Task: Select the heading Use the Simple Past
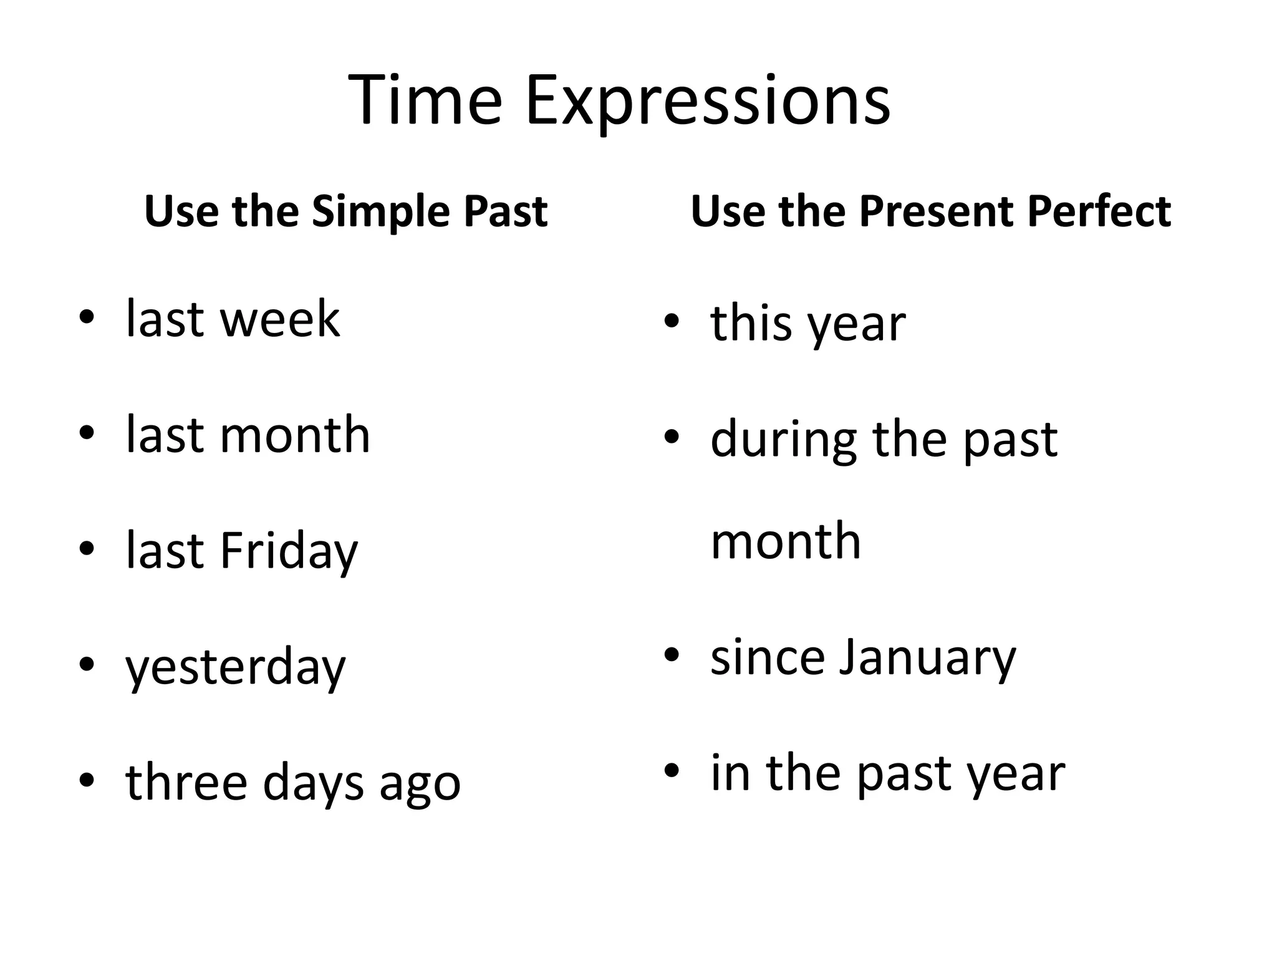pyautogui.click(x=345, y=211)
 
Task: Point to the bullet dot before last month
pyautogui.click(x=87, y=433)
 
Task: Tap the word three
pyautogui.click(x=186, y=782)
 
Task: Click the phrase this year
pyautogui.click(x=807, y=324)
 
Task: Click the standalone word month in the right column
pyautogui.click(x=786, y=541)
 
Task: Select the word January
pyautogui.click(x=927, y=657)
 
